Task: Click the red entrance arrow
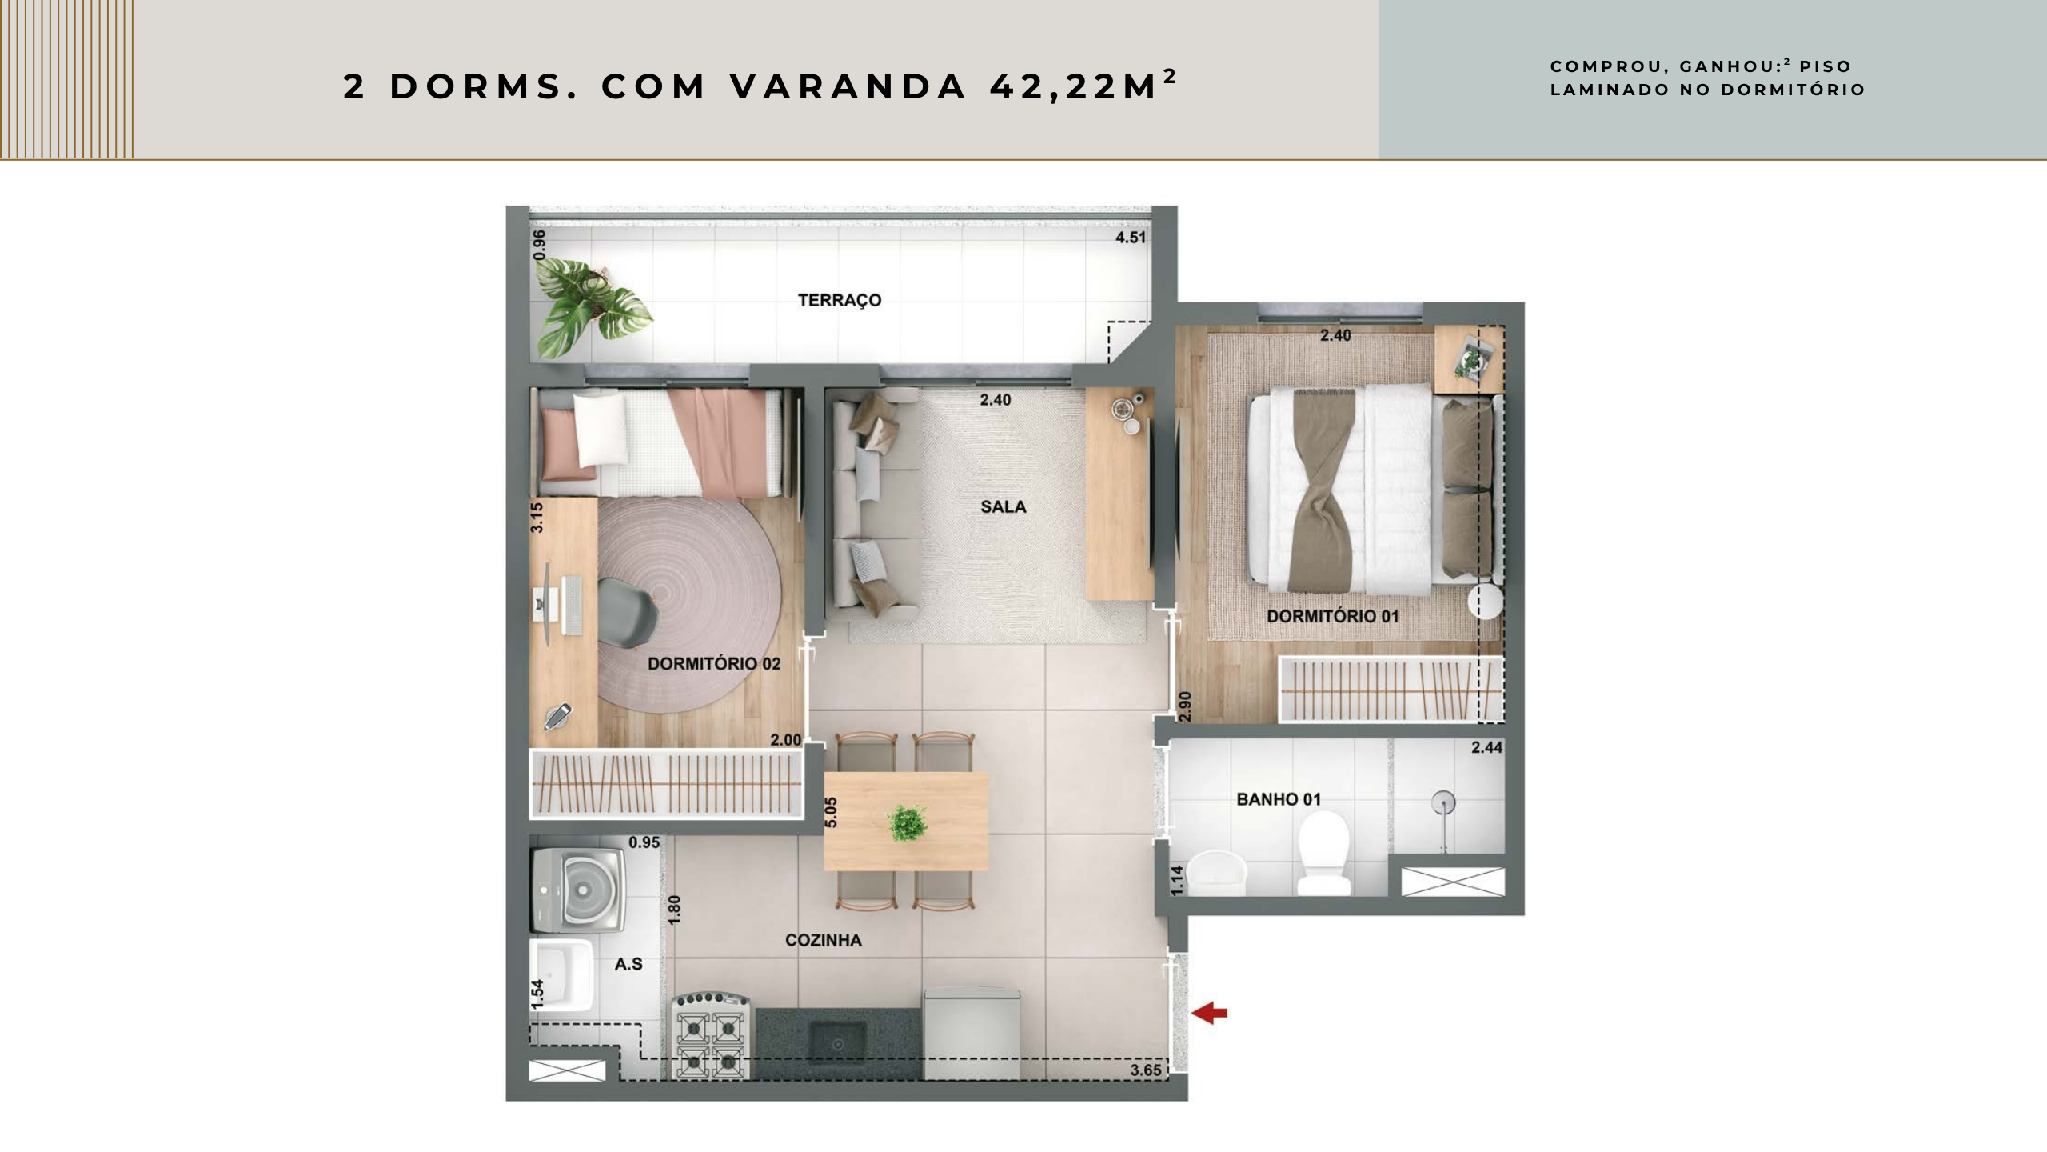tap(1209, 1014)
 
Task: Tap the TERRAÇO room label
tap(840, 300)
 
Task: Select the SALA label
tap(1004, 506)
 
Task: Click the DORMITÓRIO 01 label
tap(1333, 616)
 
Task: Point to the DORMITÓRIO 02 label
tap(714, 663)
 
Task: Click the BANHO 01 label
tap(1279, 799)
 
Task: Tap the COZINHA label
tap(824, 940)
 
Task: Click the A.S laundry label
tap(628, 964)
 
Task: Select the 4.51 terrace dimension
tap(1131, 238)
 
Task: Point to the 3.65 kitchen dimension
tap(1146, 1070)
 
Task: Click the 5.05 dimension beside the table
tap(831, 812)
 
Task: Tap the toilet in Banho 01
tap(1323, 852)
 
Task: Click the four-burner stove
tap(712, 1035)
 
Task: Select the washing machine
tap(577, 890)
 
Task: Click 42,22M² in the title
tap(1083, 86)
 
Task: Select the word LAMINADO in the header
tap(1609, 90)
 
